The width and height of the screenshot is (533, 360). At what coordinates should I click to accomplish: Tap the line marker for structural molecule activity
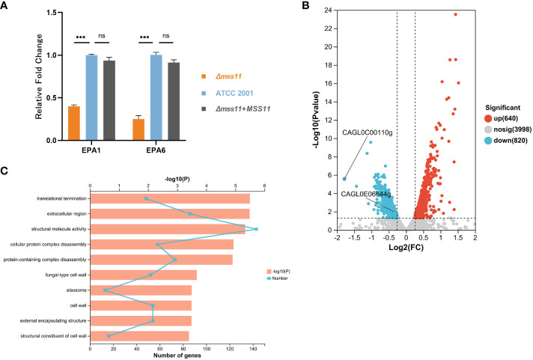pyautogui.click(x=256, y=229)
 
